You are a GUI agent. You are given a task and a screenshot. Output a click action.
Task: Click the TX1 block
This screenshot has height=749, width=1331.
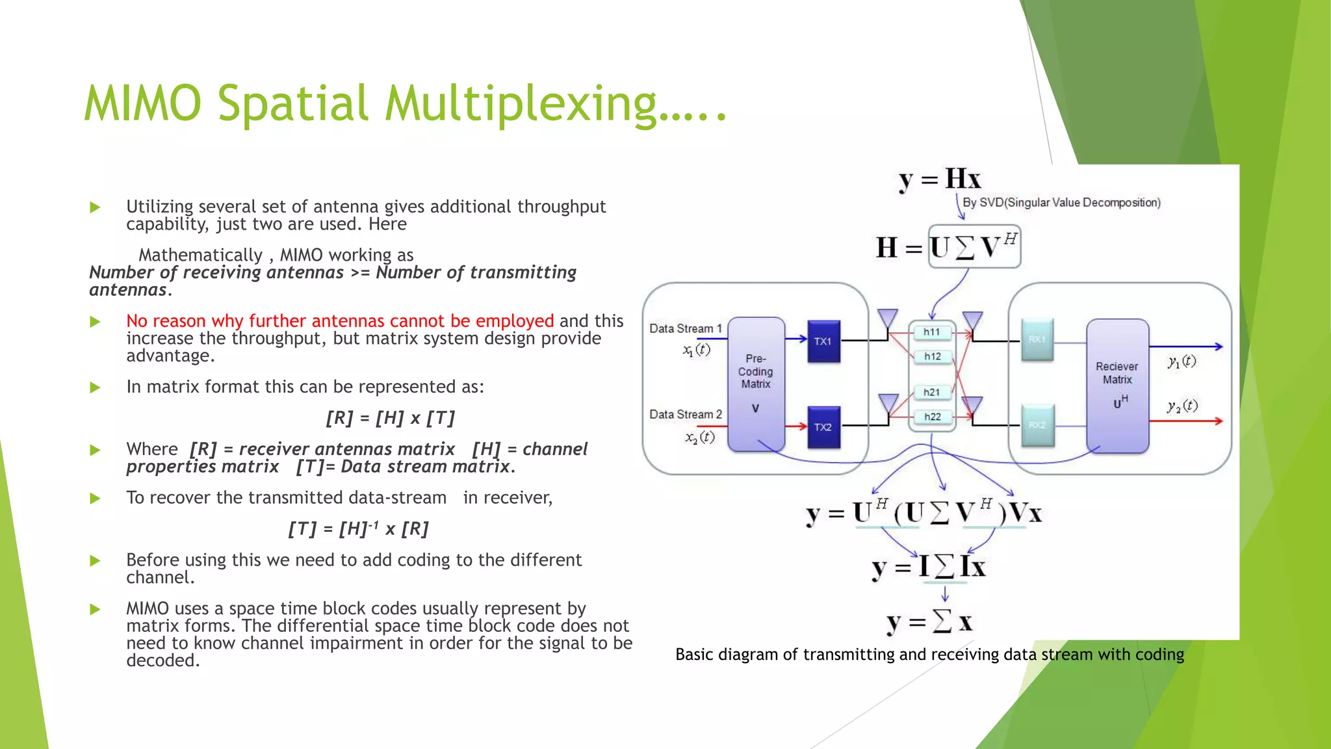coord(823,341)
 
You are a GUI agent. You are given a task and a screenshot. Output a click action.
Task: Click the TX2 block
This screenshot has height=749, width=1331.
coord(823,427)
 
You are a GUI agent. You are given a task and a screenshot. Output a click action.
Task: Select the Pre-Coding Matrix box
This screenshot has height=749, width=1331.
coord(756,384)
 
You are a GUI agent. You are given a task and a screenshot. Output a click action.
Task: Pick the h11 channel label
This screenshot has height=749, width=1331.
coord(932,332)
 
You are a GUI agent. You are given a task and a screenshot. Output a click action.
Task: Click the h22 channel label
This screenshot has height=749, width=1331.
coord(933,417)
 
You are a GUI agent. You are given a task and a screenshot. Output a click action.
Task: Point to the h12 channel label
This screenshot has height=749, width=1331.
coord(933,356)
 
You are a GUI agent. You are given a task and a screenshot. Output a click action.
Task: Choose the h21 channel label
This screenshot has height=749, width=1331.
coord(932,392)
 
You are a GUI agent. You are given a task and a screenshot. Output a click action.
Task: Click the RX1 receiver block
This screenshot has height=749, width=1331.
coord(1037,339)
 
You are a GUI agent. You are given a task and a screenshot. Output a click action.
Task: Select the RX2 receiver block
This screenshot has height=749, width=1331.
coord(1037,425)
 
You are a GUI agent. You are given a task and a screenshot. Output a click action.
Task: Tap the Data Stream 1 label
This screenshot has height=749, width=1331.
coord(686,329)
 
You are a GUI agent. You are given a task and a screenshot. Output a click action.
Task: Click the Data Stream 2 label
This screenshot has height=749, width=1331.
coord(686,415)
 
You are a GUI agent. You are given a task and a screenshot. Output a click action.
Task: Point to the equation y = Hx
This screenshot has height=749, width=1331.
coord(940,179)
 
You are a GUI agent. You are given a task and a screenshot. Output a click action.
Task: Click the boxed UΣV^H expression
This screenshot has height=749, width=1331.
coord(974,247)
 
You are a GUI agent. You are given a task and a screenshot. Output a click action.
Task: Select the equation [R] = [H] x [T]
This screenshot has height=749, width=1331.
coord(390,418)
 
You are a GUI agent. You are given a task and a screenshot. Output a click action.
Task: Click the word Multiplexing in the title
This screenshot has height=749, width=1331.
coord(520,104)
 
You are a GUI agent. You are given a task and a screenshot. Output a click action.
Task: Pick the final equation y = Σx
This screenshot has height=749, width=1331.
coord(930,622)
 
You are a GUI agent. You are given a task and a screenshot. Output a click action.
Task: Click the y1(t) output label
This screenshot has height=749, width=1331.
coord(1182,361)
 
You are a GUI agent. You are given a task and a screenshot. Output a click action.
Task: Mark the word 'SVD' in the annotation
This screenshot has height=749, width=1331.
coord(991,203)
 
